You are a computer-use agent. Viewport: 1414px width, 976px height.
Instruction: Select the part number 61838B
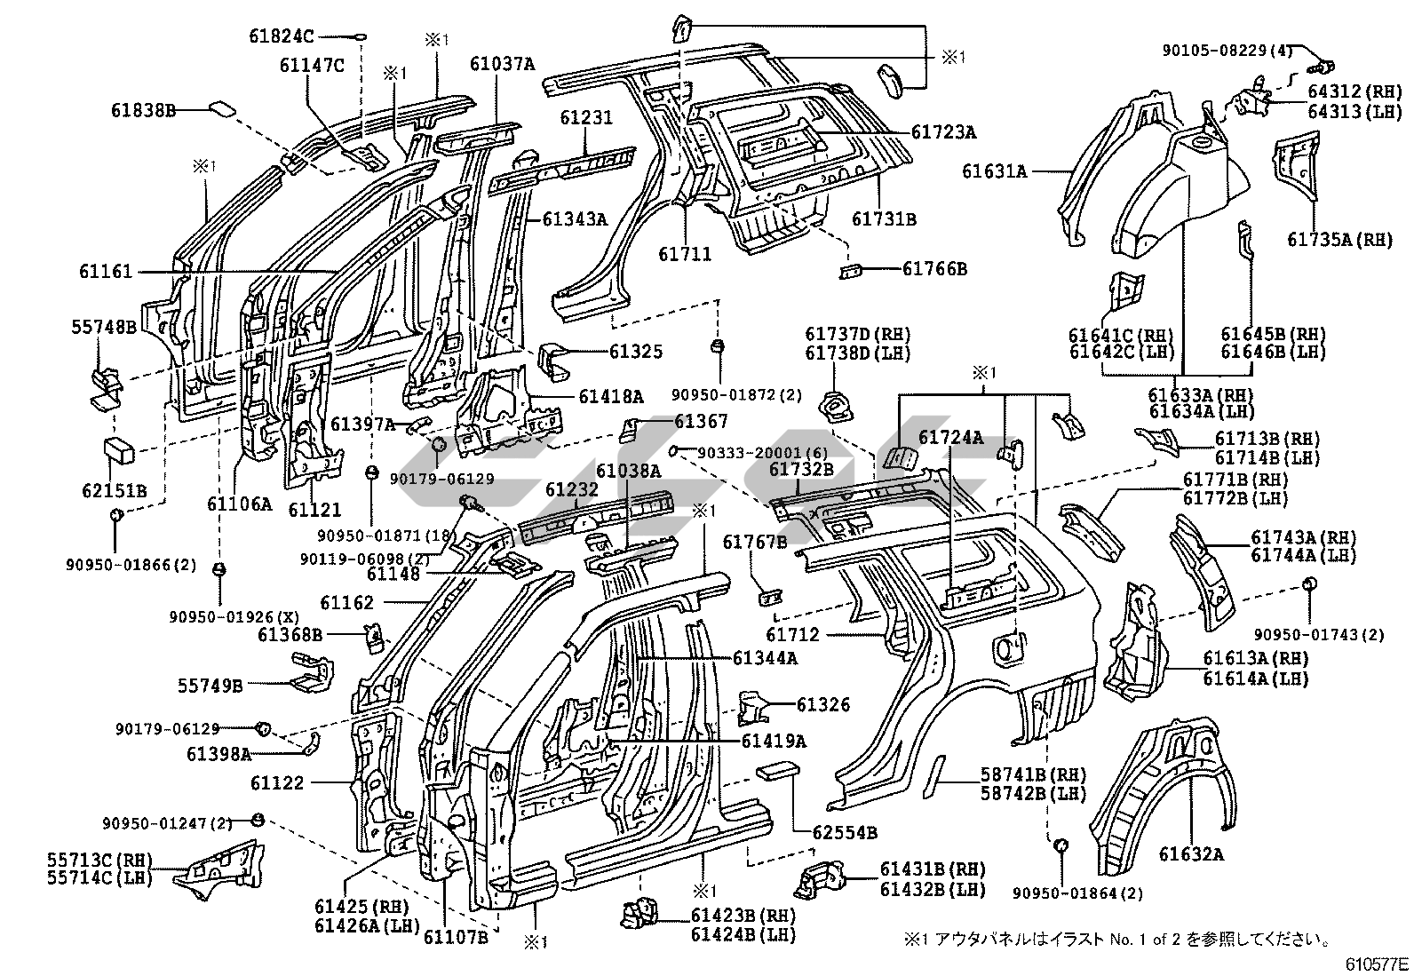click(x=143, y=110)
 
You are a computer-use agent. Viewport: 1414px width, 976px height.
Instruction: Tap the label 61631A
click(x=994, y=171)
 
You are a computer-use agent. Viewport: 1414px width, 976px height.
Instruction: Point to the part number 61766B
click(x=934, y=268)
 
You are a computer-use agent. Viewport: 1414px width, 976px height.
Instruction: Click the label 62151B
click(x=115, y=491)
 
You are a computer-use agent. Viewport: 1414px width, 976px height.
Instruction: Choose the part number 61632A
click(x=1191, y=854)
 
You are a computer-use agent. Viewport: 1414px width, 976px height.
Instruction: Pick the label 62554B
click(x=846, y=832)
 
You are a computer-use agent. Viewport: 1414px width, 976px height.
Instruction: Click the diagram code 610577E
click(x=1375, y=964)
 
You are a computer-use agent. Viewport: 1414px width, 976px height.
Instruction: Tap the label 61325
click(x=636, y=352)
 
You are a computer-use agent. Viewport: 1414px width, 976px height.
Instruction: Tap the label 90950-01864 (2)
click(x=1076, y=893)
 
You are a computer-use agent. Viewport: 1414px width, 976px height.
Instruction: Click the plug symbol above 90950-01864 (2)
click(x=1059, y=845)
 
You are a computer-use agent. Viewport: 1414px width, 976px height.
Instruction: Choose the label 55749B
click(x=211, y=685)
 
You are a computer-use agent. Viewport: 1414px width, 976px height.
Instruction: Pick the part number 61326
click(x=823, y=705)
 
